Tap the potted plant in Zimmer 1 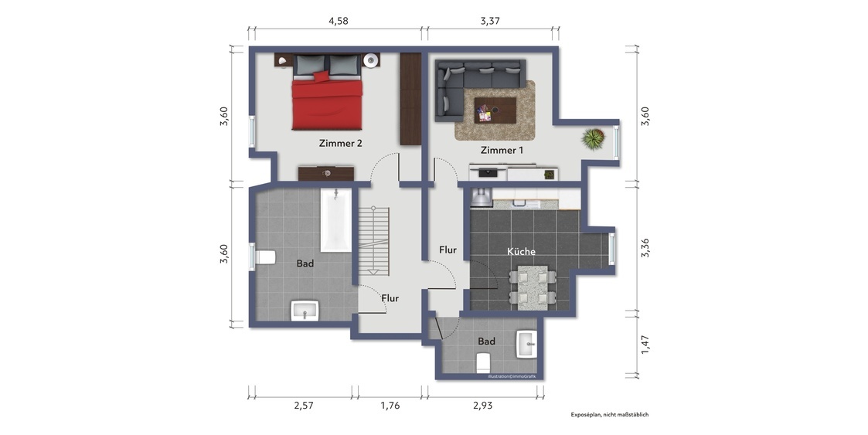point(594,139)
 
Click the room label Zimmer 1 point(502,150)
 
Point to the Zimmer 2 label point(340,144)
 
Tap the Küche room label point(522,252)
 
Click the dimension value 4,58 point(339,22)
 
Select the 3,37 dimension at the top point(490,22)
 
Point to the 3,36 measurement point(645,247)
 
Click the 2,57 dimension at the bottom point(304,406)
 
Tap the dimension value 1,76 point(390,406)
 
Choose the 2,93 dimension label point(483,406)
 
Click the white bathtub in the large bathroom point(336,221)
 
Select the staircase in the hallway point(373,241)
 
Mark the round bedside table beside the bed point(372,59)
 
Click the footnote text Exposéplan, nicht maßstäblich point(610,414)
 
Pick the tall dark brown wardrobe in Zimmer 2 point(410,99)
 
